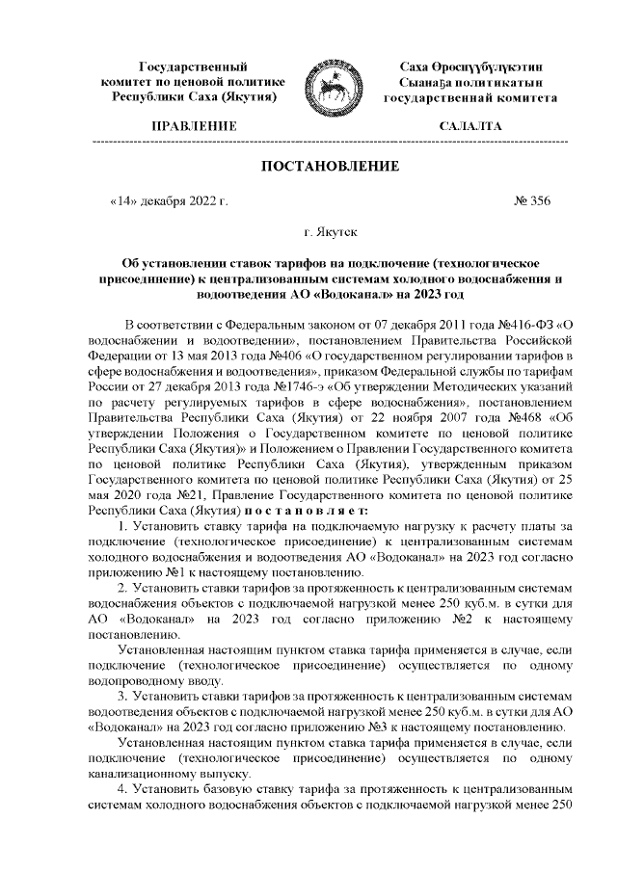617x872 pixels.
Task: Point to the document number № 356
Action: point(533,201)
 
